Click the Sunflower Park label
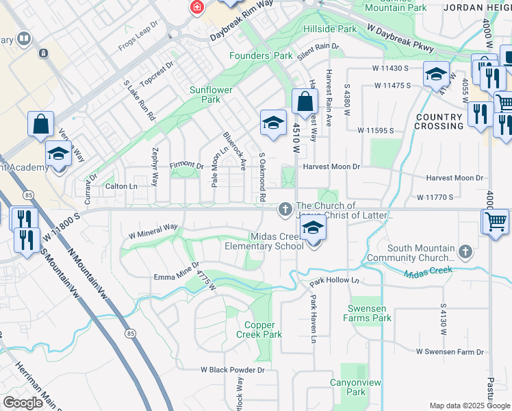(x=211, y=95)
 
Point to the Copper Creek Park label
(x=259, y=330)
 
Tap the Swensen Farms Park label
(x=369, y=313)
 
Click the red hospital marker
(x=197, y=7)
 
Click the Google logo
(x=23, y=403)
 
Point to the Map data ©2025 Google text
(x=469, y=406)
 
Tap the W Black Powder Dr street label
(x=233, y=369)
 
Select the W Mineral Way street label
(x=153, y=230)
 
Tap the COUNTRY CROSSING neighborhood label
(x=439, y=121)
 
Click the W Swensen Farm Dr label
(x=450, y=351)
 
